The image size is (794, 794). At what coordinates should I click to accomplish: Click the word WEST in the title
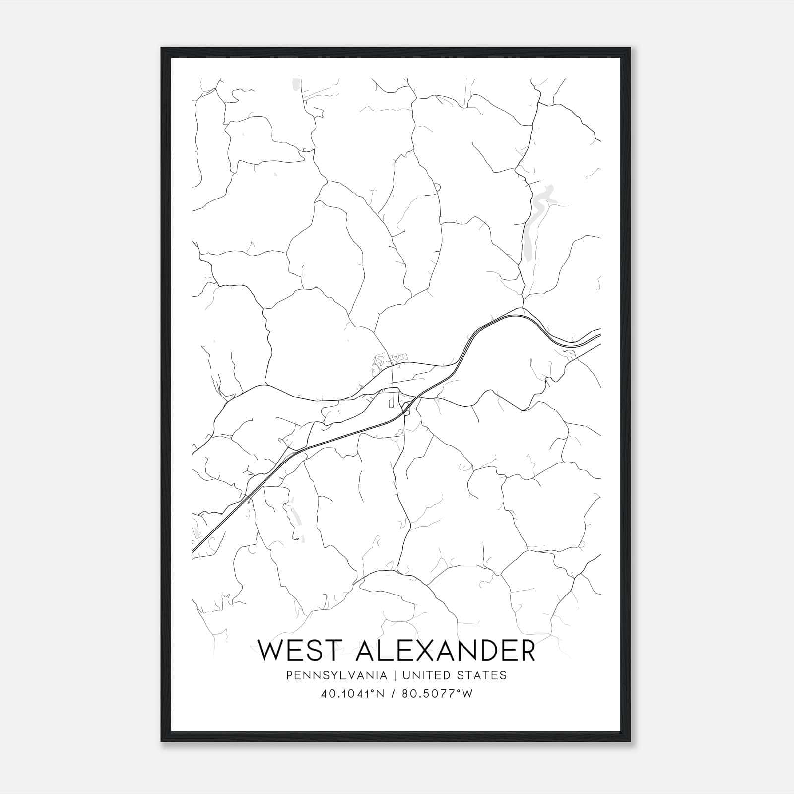(299, 651)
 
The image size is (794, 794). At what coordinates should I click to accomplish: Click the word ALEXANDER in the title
(446, 651)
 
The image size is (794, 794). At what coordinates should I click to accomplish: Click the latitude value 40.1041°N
(353, 694)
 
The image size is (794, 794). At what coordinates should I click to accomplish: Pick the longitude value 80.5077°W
(437, 694)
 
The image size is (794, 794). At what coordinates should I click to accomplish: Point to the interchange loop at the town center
(407, 408)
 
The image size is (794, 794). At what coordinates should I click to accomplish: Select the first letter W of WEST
(270, 651)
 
